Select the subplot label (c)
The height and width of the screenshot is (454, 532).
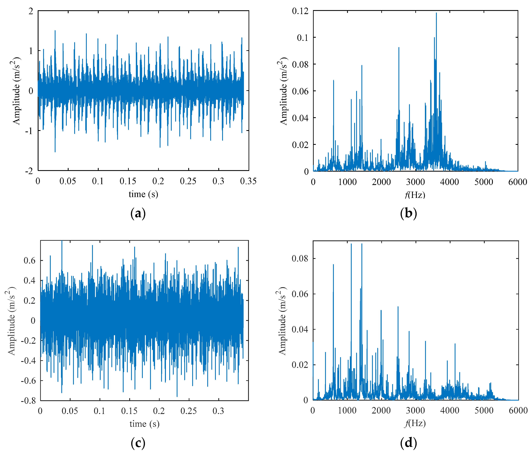pos(138,443)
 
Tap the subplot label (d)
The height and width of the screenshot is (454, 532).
pos(408,443)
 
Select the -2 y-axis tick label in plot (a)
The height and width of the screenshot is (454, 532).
pos(29,171)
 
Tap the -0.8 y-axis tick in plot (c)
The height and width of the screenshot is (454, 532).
pos(28,401)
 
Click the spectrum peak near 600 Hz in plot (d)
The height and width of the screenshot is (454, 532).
pos(333,265)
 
